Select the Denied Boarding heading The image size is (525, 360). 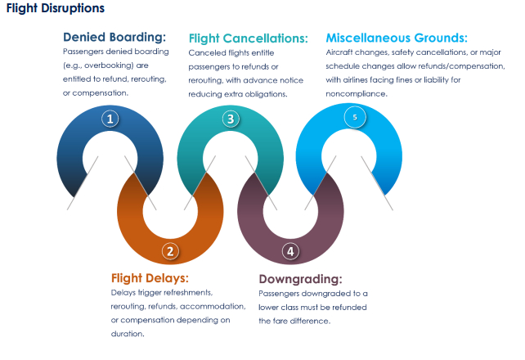(x=114, y=37)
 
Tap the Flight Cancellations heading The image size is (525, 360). (x=248, y=38)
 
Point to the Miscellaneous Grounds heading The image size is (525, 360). (x=397, y=38)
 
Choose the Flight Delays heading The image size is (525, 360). (x=150, y=277)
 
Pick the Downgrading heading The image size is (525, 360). (x=300, y=278)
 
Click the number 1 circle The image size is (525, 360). (x=110, y=119)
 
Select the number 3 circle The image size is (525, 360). (x=231, y=119)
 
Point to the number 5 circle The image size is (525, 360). (x=354, y=118)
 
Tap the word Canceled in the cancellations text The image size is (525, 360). (x=208, y=52)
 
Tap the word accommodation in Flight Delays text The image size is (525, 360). (x=195, y=306)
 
